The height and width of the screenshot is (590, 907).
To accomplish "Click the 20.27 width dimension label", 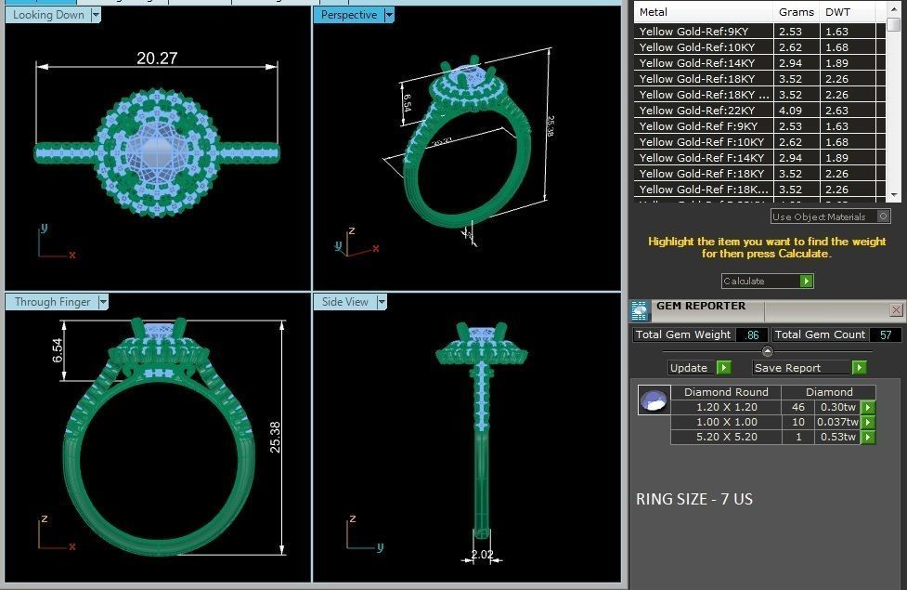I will tap(157, 58).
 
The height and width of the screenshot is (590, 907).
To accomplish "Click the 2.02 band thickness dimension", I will tap(482, 556).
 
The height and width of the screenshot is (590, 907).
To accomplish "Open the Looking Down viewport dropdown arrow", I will tap(96, 15).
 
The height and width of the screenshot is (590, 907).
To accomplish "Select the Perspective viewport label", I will tap(349, 15).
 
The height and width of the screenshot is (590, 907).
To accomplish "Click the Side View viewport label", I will tap(345, 302).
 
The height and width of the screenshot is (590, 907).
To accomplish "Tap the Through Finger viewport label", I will tap(53, 302).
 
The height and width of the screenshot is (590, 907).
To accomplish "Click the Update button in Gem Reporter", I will tap(689, 368).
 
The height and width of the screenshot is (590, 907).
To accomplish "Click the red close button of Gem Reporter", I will tap(896, 309).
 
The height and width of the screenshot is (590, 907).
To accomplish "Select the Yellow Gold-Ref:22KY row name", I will tap(697, 111).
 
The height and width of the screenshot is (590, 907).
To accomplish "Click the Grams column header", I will tap(796, 12).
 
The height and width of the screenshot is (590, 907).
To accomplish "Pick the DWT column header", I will tap(838, 12).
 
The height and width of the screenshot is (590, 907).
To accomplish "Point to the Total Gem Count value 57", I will tap(886, 334).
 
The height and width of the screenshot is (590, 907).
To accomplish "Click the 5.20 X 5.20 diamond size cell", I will tap(727, 437).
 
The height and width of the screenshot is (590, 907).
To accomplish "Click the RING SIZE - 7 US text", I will tap(694, 499).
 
